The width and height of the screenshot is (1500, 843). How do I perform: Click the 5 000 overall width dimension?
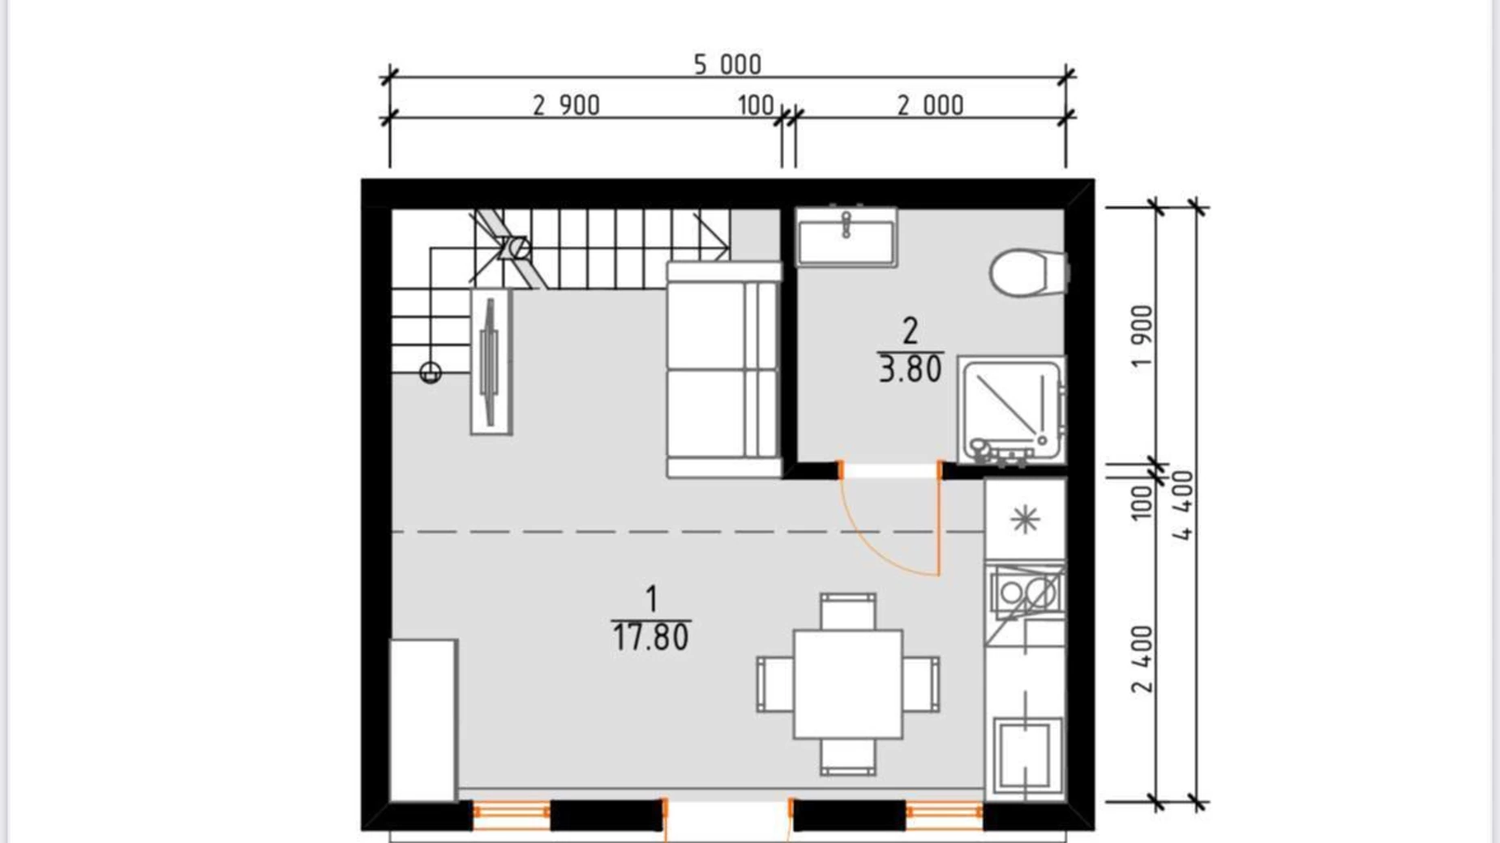pyautogui.click(x=727, y=64)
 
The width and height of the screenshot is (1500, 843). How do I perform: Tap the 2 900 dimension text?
pyautogui.click(x=566, y=105)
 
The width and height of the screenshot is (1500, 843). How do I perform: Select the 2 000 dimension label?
pyautogui.click(x=930, y=105)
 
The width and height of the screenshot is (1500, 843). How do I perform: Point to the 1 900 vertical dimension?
pyautogui.click(x=1142, y=336)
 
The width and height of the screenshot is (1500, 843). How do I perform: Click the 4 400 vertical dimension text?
pyautogui.click(x=1184, y=506)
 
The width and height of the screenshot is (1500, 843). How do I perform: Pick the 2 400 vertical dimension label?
pyautogui.click(x=1142, y=659)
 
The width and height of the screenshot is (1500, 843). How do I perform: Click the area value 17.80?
pyautogui.click(x=651, y=638)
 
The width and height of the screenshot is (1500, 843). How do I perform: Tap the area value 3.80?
pyautogui.click(x=910, y=370)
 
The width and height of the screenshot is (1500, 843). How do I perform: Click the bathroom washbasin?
pyautogui.click(x=846, y=237)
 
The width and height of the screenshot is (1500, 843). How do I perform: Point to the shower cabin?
pyautogui.click(x=1011, y=412)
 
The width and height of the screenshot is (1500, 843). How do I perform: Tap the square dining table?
pyautogui.click(x=848, y=684)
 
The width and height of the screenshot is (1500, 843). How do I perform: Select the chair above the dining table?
pyautogui.click(x=848, y=611)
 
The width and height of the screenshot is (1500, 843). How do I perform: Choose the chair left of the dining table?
pyautogui.click(x=775, y=685)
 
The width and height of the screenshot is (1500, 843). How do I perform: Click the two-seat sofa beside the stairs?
pyautogui.click(x=724, y=370)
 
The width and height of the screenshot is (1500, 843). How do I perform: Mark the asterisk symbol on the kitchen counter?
pyautogui.click(x=1026, y=519)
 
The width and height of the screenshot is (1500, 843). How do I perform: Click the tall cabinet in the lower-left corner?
pyautogui.click(x=423, y=721)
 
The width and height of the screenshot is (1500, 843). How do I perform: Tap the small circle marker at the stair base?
pyautogui.click(x=431, y=373)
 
